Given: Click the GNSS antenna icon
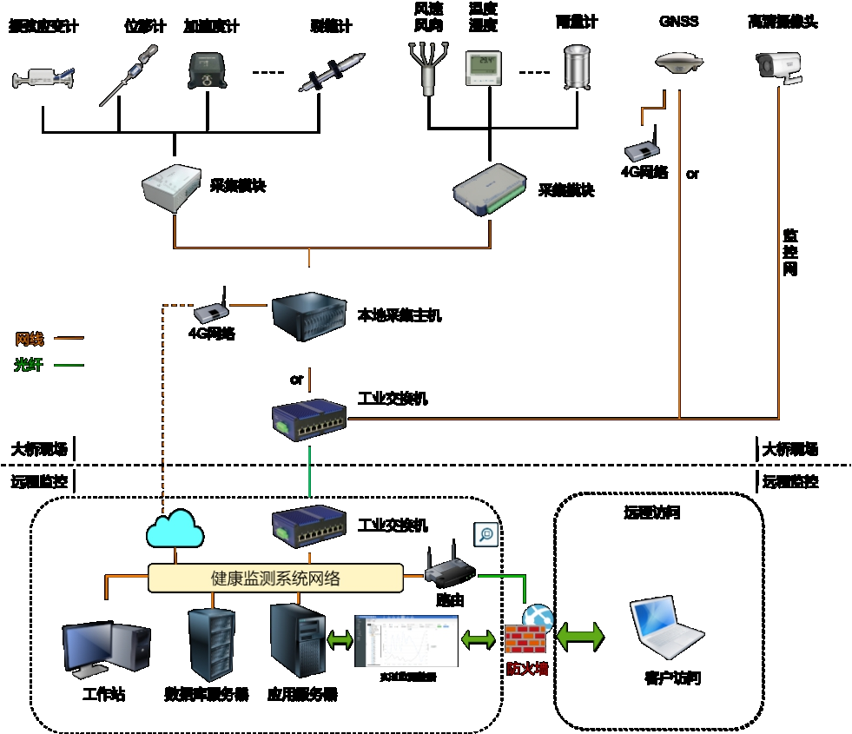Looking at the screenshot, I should (677, 63).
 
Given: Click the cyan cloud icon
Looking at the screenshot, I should (175, 529).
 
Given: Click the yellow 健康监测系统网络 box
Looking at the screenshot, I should (275, 579).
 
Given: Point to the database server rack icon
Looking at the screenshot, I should (211, 644).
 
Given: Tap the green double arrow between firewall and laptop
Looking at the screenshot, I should (580, 636).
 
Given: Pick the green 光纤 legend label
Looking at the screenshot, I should (29, 366).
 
